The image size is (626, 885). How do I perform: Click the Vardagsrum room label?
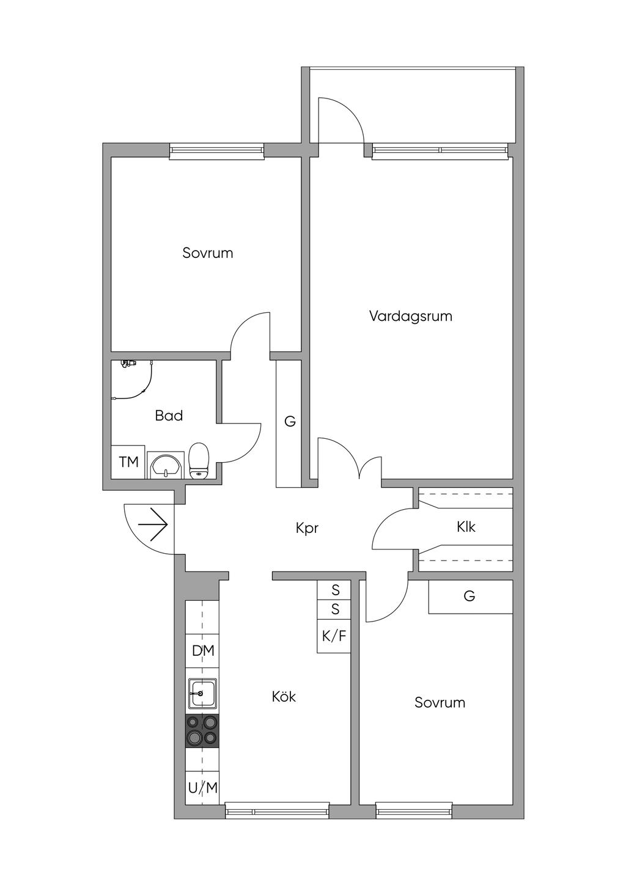[x=410, y=317]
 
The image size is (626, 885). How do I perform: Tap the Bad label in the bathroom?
[x=169, y=416]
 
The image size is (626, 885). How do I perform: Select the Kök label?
[x=284, y=697]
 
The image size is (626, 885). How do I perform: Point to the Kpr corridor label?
[x=307, y=528]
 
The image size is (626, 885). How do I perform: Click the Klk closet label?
[x=466, y=527]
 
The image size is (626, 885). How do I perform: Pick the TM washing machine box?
[x=128, y=462]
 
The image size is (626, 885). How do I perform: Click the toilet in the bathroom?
[x=199, y=461]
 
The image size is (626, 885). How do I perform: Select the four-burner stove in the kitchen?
[x=202, y=730]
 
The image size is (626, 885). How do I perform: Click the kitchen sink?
[x=202, y=693]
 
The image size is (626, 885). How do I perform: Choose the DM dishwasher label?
[x=203, y=651]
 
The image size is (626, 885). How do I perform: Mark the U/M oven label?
[x=203, y=788]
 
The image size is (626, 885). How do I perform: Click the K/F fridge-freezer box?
[x=334, y=636]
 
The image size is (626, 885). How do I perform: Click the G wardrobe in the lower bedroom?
[x=469, y=596]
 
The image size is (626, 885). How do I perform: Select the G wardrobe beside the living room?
[x=290, y=422]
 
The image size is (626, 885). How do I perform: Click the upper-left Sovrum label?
[x=208, y=253]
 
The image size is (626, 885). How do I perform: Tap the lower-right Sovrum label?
[x=440, y=703]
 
